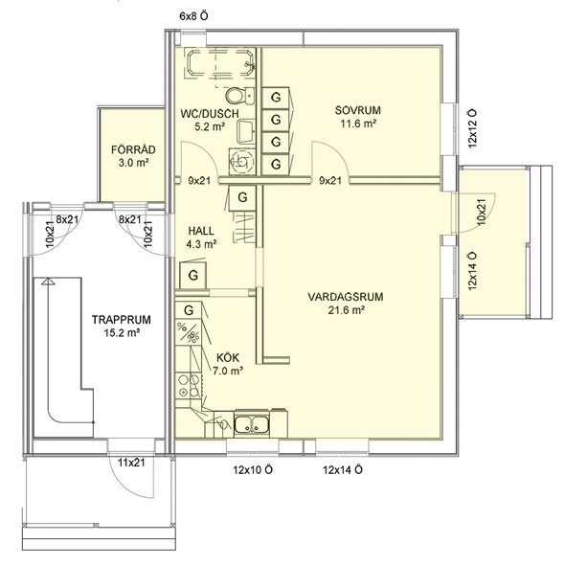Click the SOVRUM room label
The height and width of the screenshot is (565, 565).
357,110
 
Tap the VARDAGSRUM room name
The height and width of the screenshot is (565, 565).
346,297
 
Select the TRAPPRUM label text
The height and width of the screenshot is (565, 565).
121,320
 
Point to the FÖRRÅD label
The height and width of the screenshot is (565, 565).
133,149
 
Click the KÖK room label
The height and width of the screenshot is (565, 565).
228,357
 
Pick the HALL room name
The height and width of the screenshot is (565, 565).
201,231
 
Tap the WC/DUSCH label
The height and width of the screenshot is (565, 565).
210,114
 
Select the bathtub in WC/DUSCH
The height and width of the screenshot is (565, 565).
220,62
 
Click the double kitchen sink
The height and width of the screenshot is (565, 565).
252,423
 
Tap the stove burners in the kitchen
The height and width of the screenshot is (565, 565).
188,385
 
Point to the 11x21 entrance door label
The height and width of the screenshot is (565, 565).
131,463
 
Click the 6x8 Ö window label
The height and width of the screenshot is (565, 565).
193,16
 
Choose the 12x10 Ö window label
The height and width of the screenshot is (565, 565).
253,470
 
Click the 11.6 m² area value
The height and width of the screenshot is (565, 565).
358,124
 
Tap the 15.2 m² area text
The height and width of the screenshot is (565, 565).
122,333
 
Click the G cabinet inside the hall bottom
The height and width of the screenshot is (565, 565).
193,275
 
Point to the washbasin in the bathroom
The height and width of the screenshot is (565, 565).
246,132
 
